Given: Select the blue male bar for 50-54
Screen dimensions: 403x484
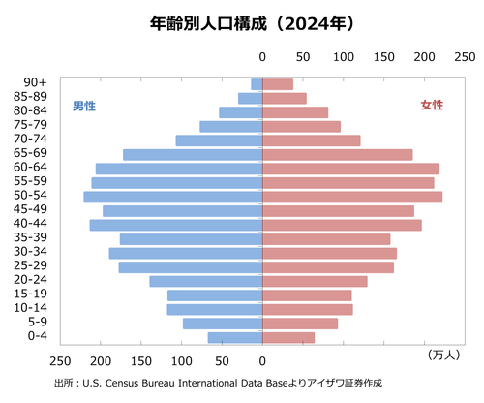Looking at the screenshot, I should (173, 197).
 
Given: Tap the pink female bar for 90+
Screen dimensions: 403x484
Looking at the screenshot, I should (278, 84).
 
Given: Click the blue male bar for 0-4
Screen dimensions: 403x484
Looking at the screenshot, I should (235, 337).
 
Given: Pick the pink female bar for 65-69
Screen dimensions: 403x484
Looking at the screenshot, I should (338, 155).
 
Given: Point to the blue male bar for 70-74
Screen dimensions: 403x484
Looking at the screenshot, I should (219, 140).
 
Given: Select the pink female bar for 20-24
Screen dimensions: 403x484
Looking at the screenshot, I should (315, 281).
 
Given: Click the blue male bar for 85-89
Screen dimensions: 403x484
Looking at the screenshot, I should (251, 98).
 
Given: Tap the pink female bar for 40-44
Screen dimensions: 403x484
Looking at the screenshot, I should (342, 225).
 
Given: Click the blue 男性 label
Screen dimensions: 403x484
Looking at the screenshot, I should (84, 106).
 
